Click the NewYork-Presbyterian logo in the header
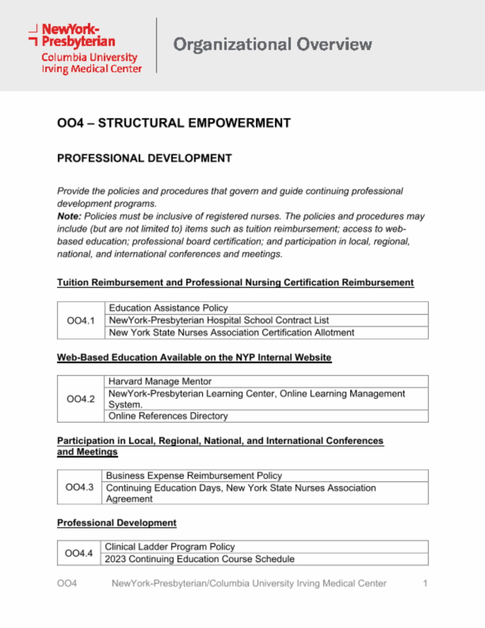click(x=85, y=48)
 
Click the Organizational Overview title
click(x=272, y=45)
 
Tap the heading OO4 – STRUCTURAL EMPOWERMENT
click(x=173, y=123)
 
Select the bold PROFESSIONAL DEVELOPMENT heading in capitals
click(x=144, y=158)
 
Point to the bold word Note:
click(x=69, y=216)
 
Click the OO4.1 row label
click(x=81, y=321)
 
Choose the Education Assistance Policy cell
click(x=168, y=308)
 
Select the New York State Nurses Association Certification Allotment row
click(x=232, y=333)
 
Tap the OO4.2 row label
click(x=81, y=399)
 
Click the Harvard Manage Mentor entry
click(x=160, y=382)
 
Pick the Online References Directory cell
click(x=168, y=416)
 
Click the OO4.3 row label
click(x=80, y=487)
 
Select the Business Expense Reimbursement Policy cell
click(x=194, y=476)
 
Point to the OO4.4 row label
click(x=79, y=553)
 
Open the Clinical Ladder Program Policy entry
click(x=170, y=547)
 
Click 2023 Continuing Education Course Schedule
click(x=199, y=559)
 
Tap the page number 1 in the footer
click(x=425, y=583)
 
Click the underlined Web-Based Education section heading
click(x=194, y=357)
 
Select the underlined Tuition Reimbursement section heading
click(x=235, y=282)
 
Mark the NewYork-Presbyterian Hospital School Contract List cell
click(x=219, y=320)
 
